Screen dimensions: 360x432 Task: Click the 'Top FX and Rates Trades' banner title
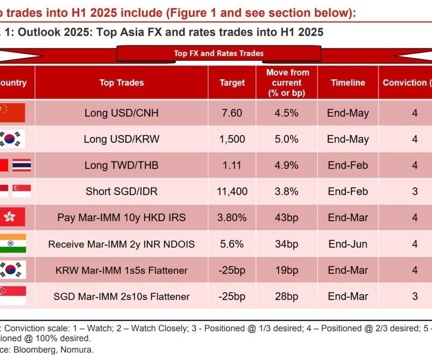coord(218,53)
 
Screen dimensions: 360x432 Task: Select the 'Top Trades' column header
coord(122,83)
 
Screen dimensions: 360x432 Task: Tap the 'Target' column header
coord(232,83)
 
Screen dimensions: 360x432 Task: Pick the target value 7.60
coord(232,113)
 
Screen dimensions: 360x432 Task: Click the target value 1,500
coord(232,139)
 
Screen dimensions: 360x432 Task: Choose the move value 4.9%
coord(287,165)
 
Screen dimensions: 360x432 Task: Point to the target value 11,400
coord(232,191)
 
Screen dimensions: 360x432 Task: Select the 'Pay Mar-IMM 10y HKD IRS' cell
coord(122,218)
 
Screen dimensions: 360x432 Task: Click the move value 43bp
coord(287,218)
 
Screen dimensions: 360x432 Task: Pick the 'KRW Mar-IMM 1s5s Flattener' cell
coord(122,270)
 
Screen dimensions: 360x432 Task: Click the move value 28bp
coord(287,296)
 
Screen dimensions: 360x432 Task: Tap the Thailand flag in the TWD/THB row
coord(22,165)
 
